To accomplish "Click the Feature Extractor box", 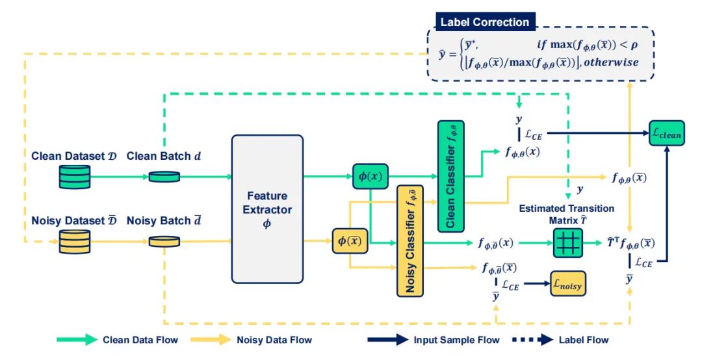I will pos(267,209).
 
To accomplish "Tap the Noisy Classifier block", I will pos(410,240).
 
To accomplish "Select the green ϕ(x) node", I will pos(370,176).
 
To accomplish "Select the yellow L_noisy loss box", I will pos(567,283).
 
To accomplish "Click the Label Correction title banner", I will pos(485,22).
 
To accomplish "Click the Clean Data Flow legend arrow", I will pos(75,339).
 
